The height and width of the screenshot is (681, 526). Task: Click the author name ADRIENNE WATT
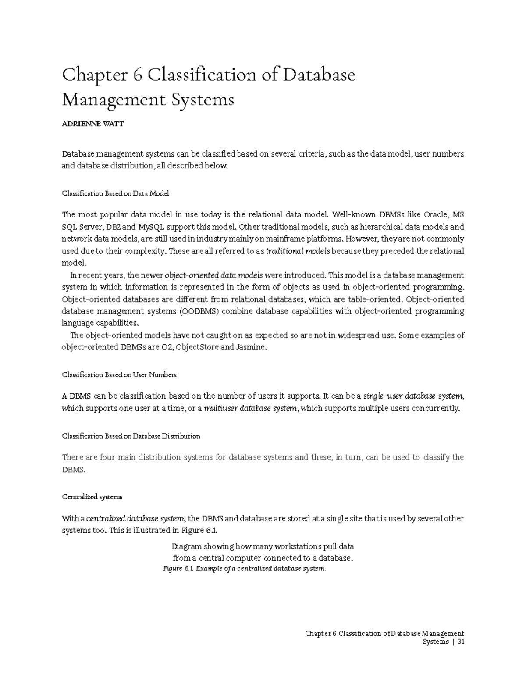[x=93, y=124]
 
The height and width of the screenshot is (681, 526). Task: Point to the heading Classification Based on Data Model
[x=115, y=193]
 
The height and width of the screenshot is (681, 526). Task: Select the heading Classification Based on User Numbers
[x=119, y=375]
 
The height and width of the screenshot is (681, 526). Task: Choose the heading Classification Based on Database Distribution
[x=131, y=436]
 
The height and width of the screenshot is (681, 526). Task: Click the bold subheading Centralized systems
[x=92, y=497]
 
